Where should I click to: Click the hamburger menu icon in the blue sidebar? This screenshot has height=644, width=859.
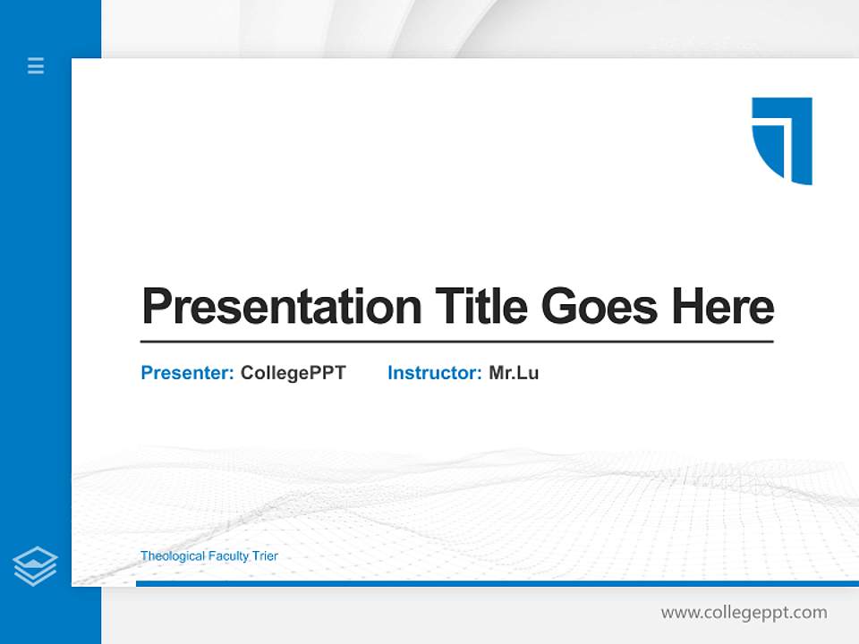(x=36, y=65)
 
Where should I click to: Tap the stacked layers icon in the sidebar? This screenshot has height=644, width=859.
(x=36, y=566)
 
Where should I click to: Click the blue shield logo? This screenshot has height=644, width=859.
(x=783, y=140)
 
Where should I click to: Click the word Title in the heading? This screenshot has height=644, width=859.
(x=483, y=307)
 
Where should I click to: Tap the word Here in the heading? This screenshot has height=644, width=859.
(x=723, y=307)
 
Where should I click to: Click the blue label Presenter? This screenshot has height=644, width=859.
(x=187, y=373)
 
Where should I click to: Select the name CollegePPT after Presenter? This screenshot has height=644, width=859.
(x=293, y=373)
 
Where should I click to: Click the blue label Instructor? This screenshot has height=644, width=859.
(x=434, y=373)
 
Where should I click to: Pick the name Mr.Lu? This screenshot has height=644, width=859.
(x=514, y=373)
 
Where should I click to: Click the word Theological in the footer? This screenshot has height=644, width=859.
(x=173, y=556)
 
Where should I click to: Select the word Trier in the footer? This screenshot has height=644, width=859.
(x=265, y=556)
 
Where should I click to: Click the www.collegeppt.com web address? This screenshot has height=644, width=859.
(x=744, y=613)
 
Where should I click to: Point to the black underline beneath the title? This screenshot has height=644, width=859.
(x=456, y=342)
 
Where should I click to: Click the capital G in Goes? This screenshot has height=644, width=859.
(x=559, y=307)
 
